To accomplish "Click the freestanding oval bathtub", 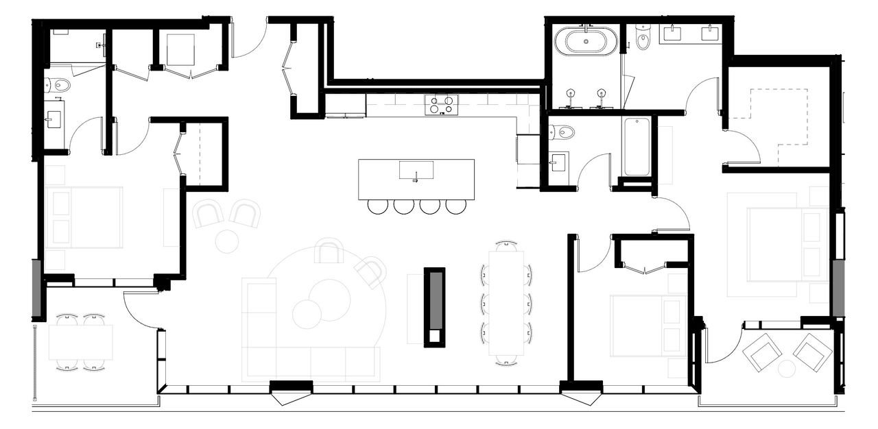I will (585, 41).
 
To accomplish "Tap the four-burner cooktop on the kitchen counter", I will (441, 104).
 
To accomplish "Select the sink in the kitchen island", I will (416, 169).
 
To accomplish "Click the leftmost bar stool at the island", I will (378, 206).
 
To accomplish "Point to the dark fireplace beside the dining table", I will (434, 307).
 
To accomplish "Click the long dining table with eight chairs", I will (506, 302).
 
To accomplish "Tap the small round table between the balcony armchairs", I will (787, 369).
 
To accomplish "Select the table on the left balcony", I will (80, 342).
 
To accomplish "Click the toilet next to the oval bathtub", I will (643, 40).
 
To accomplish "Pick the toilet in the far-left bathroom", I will (60, 86).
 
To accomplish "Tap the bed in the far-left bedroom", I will (84, 217).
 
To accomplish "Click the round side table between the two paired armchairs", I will (227, 241).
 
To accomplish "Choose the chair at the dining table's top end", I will (506, 245).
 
